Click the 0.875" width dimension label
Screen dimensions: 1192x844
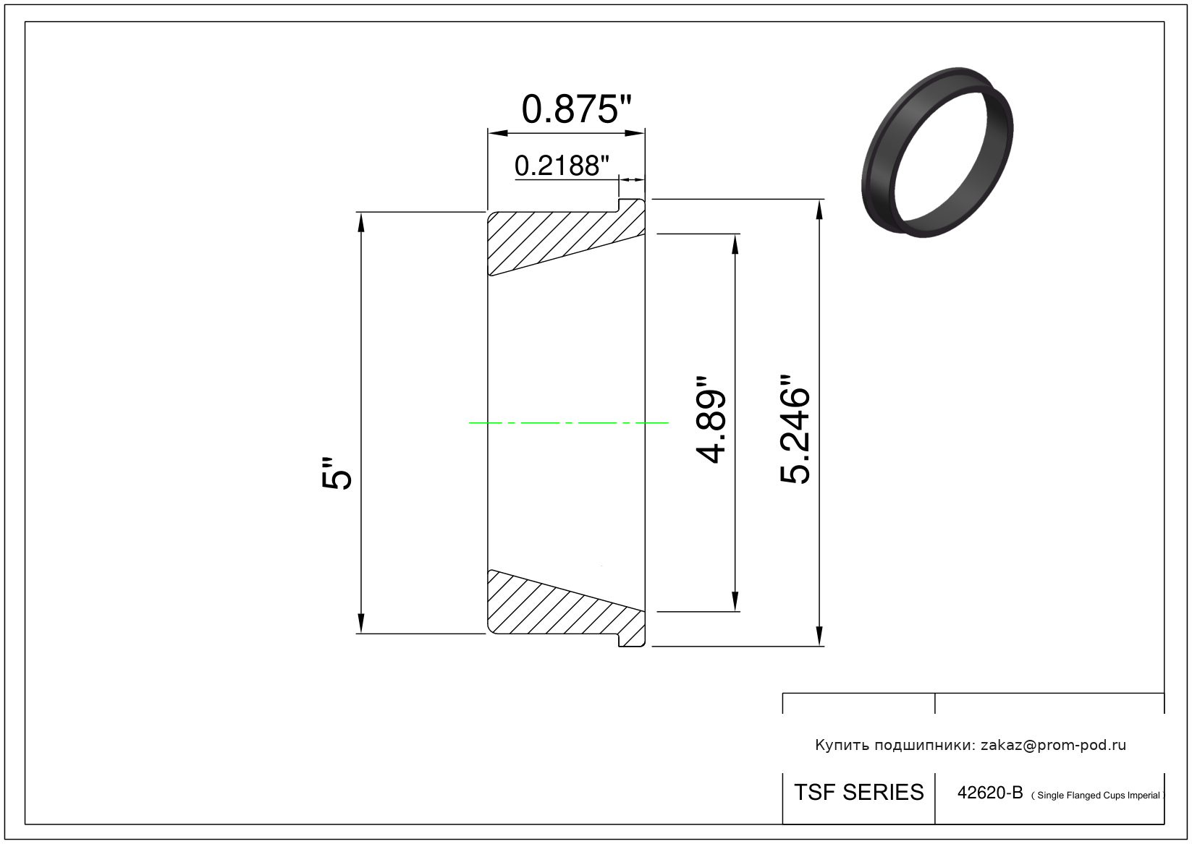coord(576,109)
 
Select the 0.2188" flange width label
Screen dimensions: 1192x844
coord(562,166)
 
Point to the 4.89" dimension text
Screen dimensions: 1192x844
coord(711,420)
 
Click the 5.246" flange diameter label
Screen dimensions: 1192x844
coord(795,429)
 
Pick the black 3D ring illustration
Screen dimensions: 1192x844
coord(937,152)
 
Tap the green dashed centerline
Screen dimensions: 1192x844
coord(568,423)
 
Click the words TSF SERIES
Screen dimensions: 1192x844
coord(858,793)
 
